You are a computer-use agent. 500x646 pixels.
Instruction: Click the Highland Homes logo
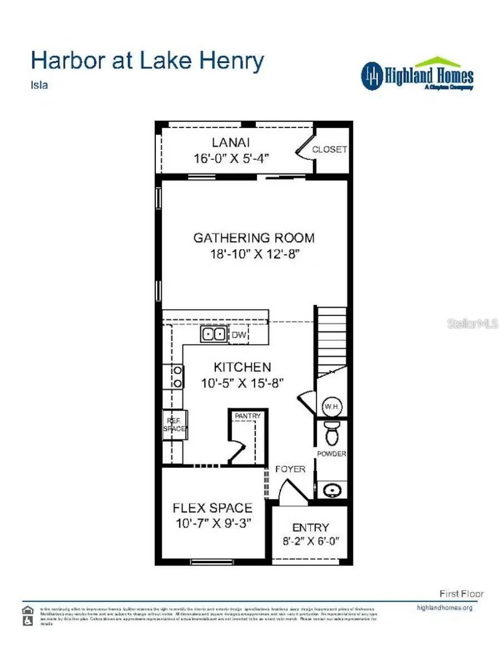pos(417,75)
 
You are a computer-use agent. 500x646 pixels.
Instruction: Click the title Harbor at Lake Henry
pos(147,61)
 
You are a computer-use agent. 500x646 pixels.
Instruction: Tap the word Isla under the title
pos(40,85)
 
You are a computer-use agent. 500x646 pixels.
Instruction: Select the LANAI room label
pos(230,142)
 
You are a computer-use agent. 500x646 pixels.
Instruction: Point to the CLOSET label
pos(329,149)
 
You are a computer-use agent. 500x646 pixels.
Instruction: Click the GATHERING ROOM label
pos(254,238)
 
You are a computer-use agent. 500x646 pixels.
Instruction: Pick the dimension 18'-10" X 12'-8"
pos(254,254)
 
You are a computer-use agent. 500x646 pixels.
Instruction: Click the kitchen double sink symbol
pos(213,334)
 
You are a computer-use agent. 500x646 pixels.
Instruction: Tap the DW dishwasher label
pos(239,335)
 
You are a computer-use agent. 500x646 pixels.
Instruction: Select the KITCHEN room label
pos(242,367)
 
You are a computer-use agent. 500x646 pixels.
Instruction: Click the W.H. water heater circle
pos(332,406)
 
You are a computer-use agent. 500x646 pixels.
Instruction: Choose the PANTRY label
pos(248,416)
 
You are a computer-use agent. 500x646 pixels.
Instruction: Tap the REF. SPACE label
pos(174,424)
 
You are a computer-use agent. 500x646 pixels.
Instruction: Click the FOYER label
pos(290,469)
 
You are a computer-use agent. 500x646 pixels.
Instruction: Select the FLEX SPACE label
pos(212,508)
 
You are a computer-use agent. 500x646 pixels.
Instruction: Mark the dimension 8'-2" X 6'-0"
pos(311,541)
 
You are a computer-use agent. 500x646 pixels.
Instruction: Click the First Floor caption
pos(461,594)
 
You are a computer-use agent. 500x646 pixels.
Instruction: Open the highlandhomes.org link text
pos(444,608)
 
